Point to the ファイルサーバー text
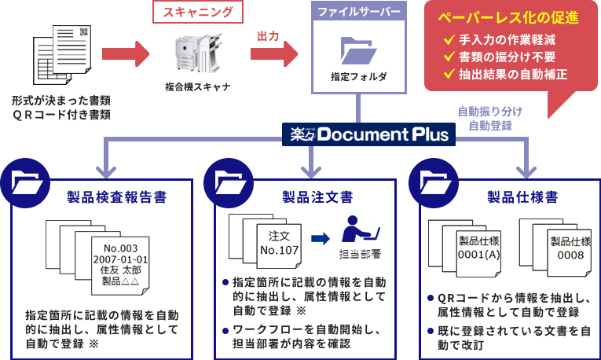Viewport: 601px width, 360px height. (358, 13)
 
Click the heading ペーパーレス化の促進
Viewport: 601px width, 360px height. (508, 18)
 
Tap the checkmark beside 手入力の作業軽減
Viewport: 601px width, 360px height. (450, 40)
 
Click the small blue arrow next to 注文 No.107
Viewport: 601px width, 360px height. (319, 238)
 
